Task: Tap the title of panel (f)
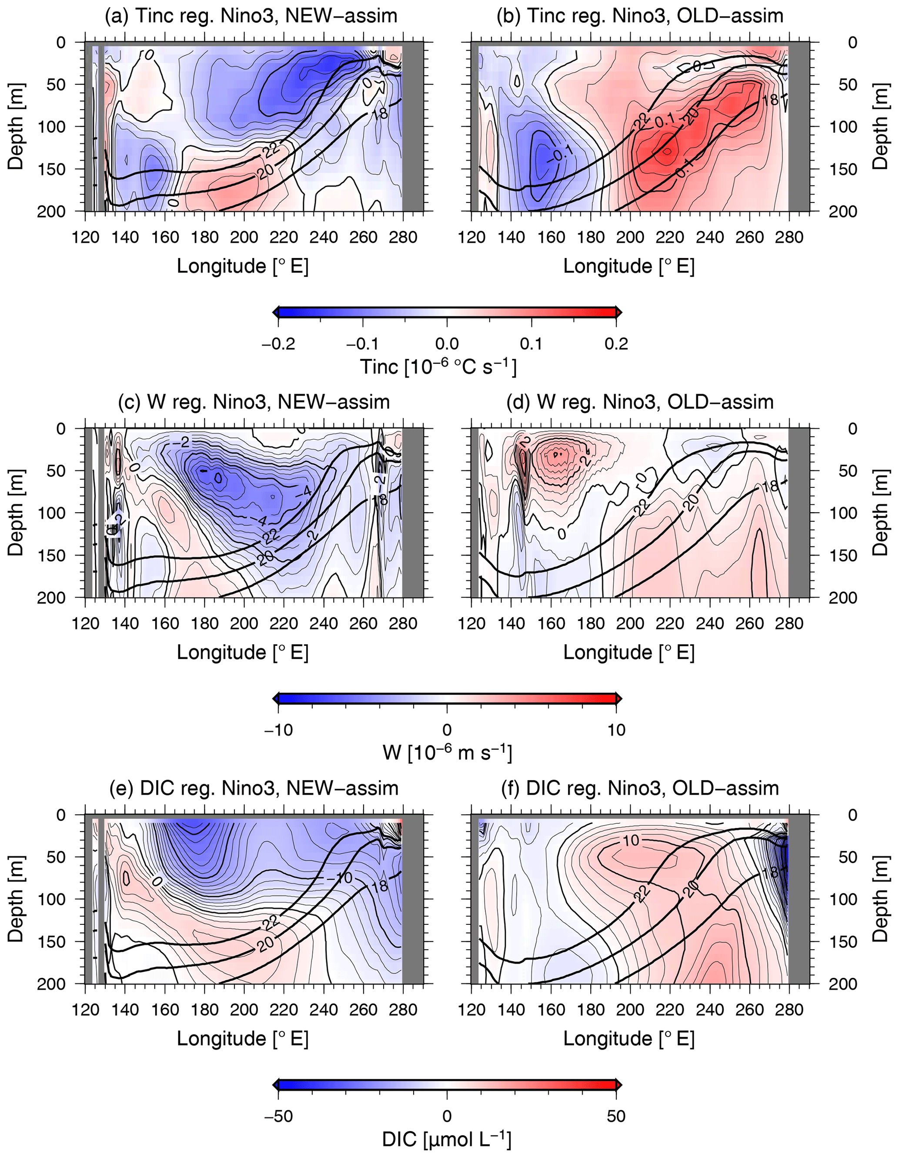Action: [640, 788]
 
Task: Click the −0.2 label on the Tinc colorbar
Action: [278, 344]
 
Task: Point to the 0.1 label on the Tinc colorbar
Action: [531, 344]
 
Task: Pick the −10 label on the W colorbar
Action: [278, 730]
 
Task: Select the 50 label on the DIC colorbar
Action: [616, 1116]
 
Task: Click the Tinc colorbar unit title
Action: [438, 367]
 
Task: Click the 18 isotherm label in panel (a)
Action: [380, 114]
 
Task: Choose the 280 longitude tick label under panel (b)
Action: [789, 237]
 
